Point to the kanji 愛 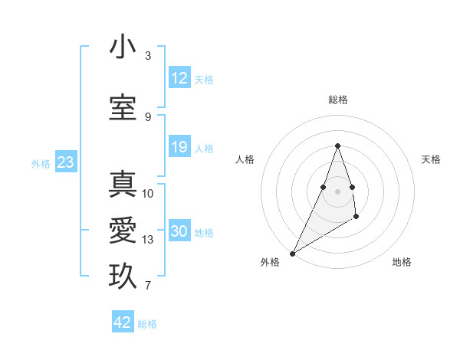pyautogui.click(x=123, y=231)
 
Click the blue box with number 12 pyautogui.click(x=179, y=78)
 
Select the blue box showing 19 pyautogui.click(x=179, y=147)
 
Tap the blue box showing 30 pyautogui.click(x=179, y=231)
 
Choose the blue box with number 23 pyautogui.click(x=65, y=162)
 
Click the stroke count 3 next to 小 pyautogui.click(x=148, y=56)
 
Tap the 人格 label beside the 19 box pyautogui.click(x=204, y=149)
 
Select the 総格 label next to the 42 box pyautogui.click(x=147, y=324)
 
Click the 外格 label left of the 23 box pyautogui.click(x=41, y=163)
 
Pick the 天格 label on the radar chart pyautogui.click(x=431, y=159)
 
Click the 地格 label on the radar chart pyautogui.click(x=402, y=262)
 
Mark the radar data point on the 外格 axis pyautogui.click(x=292, y=254)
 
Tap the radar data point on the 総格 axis pyautogui.click(x=337, y=146)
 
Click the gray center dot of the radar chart pyautogui.click(x=337, y=191)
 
